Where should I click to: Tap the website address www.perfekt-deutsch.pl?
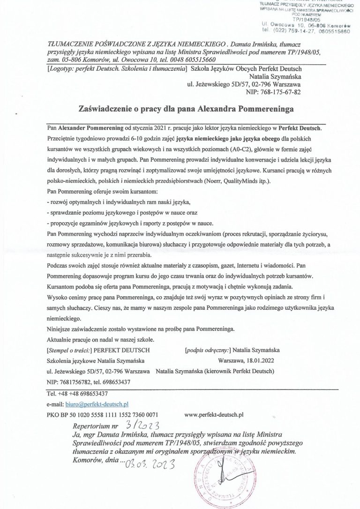pos(215,414)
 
